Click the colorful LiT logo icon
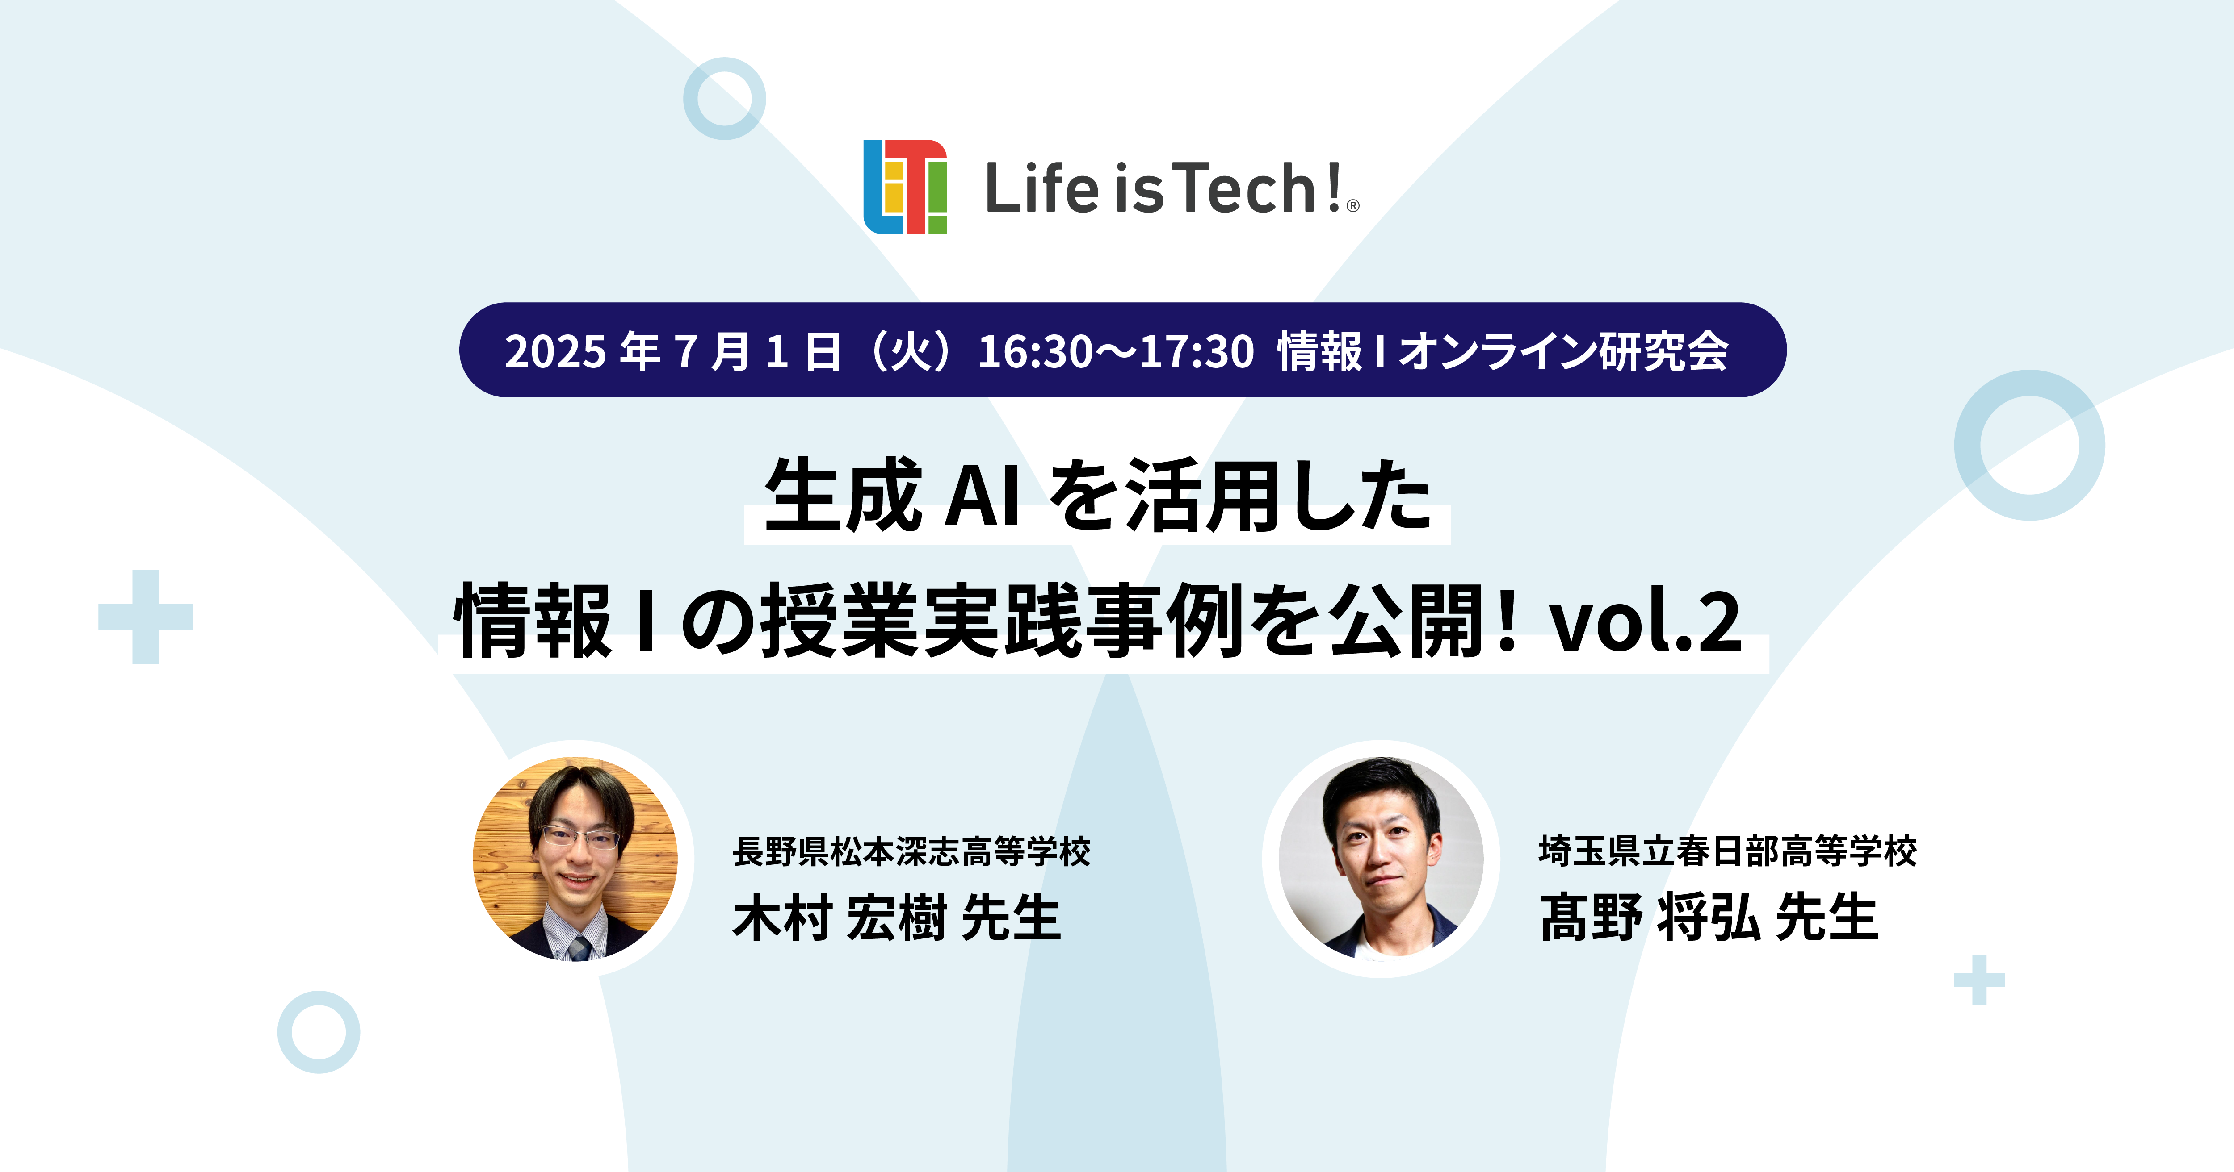pyautogui.click(x=904, y=186)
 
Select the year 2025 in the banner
pyautogui.click(x=555, y=351)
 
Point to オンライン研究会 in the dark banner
pyautogui.click(x=1564, y=351)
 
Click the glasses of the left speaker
pyautogui.click(x=579, y=838)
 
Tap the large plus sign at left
pyautogui.click(x=146, y=617)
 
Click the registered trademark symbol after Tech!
pyautogui.click(x=1353, y=206)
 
